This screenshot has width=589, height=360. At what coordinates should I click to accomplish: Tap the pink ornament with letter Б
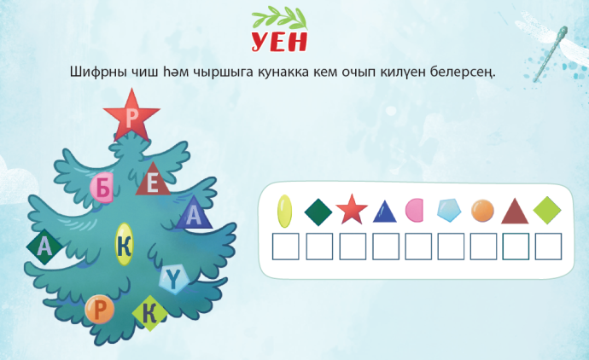coord(102,188)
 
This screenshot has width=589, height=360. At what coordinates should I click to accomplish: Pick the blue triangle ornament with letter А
coord(194,214)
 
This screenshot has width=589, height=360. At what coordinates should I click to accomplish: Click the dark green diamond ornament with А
coord(44,247)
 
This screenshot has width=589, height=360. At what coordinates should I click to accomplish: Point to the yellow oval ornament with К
coord(124,244)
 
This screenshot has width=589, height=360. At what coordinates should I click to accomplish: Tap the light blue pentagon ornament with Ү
coord(173,279)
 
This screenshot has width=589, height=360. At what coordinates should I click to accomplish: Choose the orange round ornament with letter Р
coord(100,310)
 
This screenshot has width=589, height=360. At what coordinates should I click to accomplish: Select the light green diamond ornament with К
coord(150,313)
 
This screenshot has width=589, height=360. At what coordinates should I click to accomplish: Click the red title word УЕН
coord(279,41)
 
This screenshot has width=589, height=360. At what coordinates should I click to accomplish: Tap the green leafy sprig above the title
coord(279,18)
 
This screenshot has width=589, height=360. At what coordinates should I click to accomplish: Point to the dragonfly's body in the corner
coord(550,54)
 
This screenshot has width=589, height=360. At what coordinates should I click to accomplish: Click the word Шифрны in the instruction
coord(98,72)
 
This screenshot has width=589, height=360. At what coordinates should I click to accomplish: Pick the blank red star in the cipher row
coord(352,210)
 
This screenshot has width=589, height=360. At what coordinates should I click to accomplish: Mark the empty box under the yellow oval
coord(285,247)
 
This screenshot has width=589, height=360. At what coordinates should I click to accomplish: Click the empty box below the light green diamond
coord(548,247)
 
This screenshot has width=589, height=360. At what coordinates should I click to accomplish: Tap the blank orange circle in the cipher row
coord(482,210)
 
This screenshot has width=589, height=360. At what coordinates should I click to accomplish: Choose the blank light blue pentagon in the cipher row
coord(449,210)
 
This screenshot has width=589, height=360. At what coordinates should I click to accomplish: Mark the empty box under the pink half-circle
coord(418,247)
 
